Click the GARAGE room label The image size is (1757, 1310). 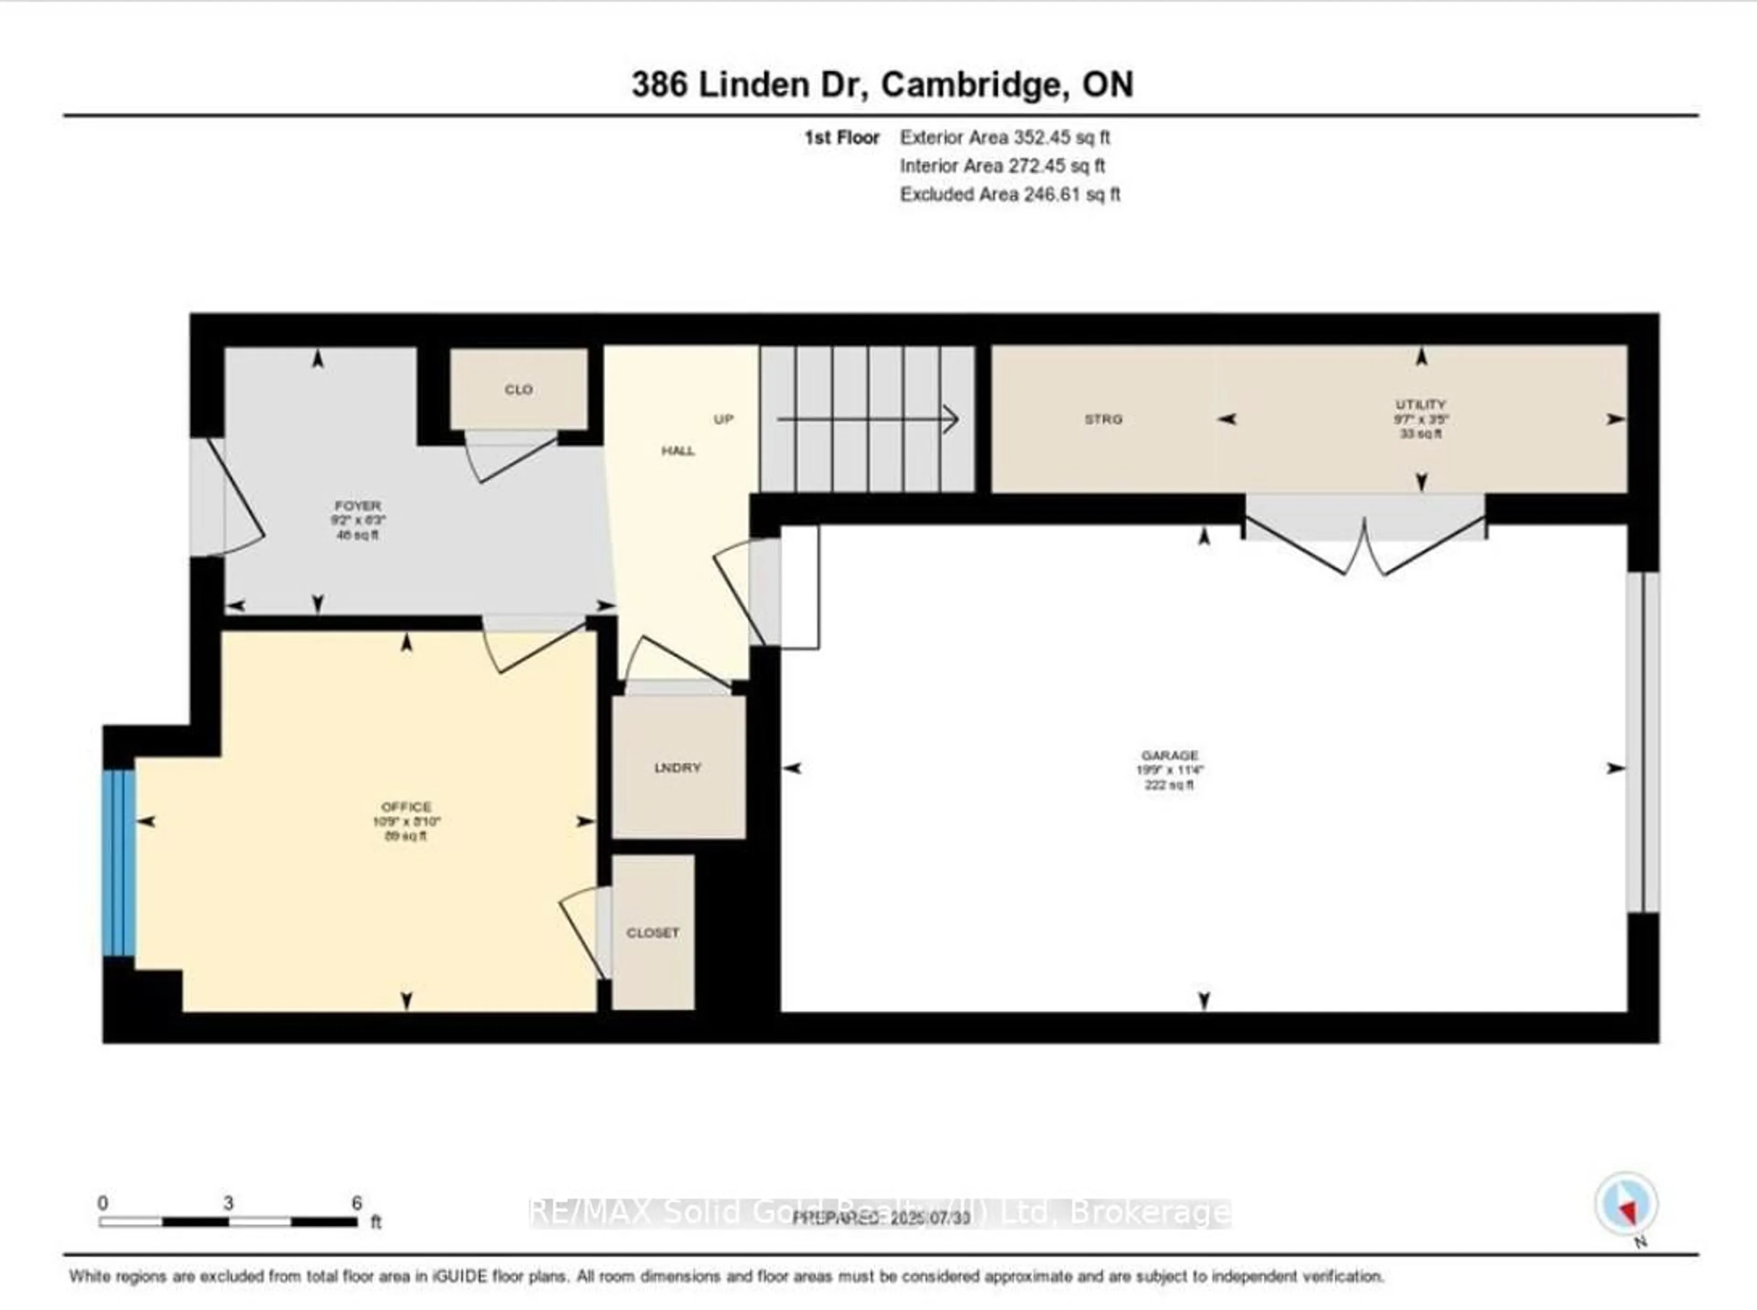(x=1170, y=755)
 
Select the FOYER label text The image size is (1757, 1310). (x=357, y=505)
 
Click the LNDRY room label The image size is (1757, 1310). (x=678, y=767)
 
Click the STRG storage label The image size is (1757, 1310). (x=1103, y=419)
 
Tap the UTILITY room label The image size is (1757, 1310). (x=1421, y=404)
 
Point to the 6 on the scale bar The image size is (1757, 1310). (x=356, y=1203)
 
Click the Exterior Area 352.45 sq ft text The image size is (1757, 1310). (x=1004, y=137)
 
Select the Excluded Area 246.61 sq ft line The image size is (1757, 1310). (x=1010, y=194)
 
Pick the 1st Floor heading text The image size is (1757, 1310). (x=841, y=137)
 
